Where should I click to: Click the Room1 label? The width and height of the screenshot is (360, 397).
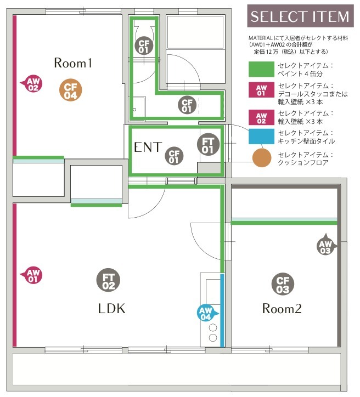click(x=73, y=63)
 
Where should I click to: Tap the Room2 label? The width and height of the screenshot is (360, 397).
click(x=282, y=308)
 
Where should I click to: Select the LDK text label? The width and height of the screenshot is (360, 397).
click(x=111, y=308)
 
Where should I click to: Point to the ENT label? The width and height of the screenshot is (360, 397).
click(x=148, y=147)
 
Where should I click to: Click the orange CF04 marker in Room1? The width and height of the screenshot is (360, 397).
click(x=70, y=90)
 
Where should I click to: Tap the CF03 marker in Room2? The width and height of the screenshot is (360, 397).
click(x=283, y=284)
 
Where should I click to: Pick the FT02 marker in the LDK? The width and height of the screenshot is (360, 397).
click(x=108, y=280)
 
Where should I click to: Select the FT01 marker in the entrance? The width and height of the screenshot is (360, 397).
click(x=208, y=144)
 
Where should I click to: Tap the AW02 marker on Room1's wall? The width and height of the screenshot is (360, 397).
click(x=32, y=83)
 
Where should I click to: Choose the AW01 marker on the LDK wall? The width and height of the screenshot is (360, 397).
click(x=32, y=275)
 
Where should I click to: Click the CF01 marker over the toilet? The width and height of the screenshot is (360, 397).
click(x=144, y=46)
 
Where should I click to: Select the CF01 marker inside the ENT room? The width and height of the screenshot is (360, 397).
click(x=174, y=156)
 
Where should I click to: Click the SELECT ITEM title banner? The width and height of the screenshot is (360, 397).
click(x=301, y=16)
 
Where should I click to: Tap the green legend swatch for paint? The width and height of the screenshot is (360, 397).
click(x=261, y=69)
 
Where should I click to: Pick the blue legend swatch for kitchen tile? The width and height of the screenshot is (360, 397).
click(x=261, y=137)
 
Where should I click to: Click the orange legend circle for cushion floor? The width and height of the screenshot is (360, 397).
click(x=262, y=158)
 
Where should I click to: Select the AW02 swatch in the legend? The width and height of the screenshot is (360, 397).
click(x=261, y=117)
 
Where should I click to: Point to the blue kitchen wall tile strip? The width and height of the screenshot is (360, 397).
click(x=222, y=310)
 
